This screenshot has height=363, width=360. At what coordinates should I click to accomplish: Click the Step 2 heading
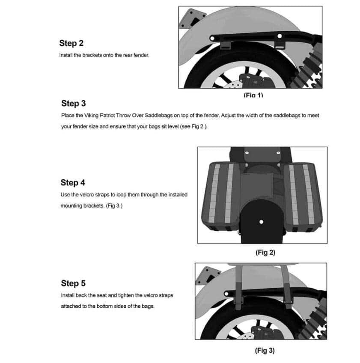(x=71, y=43)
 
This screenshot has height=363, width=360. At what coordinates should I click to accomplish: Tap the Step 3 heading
(x=73, y=103)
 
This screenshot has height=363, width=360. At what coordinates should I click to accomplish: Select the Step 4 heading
(x=73, y=183)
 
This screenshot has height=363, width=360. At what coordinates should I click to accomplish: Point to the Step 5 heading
(x=73, y=283)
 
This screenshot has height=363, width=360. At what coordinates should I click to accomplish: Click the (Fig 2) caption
(x=265, y=253)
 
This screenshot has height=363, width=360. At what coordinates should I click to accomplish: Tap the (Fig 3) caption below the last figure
(x=265, y=351)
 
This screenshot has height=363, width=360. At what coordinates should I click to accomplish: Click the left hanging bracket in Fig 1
(x=225, y=44)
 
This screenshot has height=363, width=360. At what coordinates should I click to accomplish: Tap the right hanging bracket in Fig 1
(x=280, y=44)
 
